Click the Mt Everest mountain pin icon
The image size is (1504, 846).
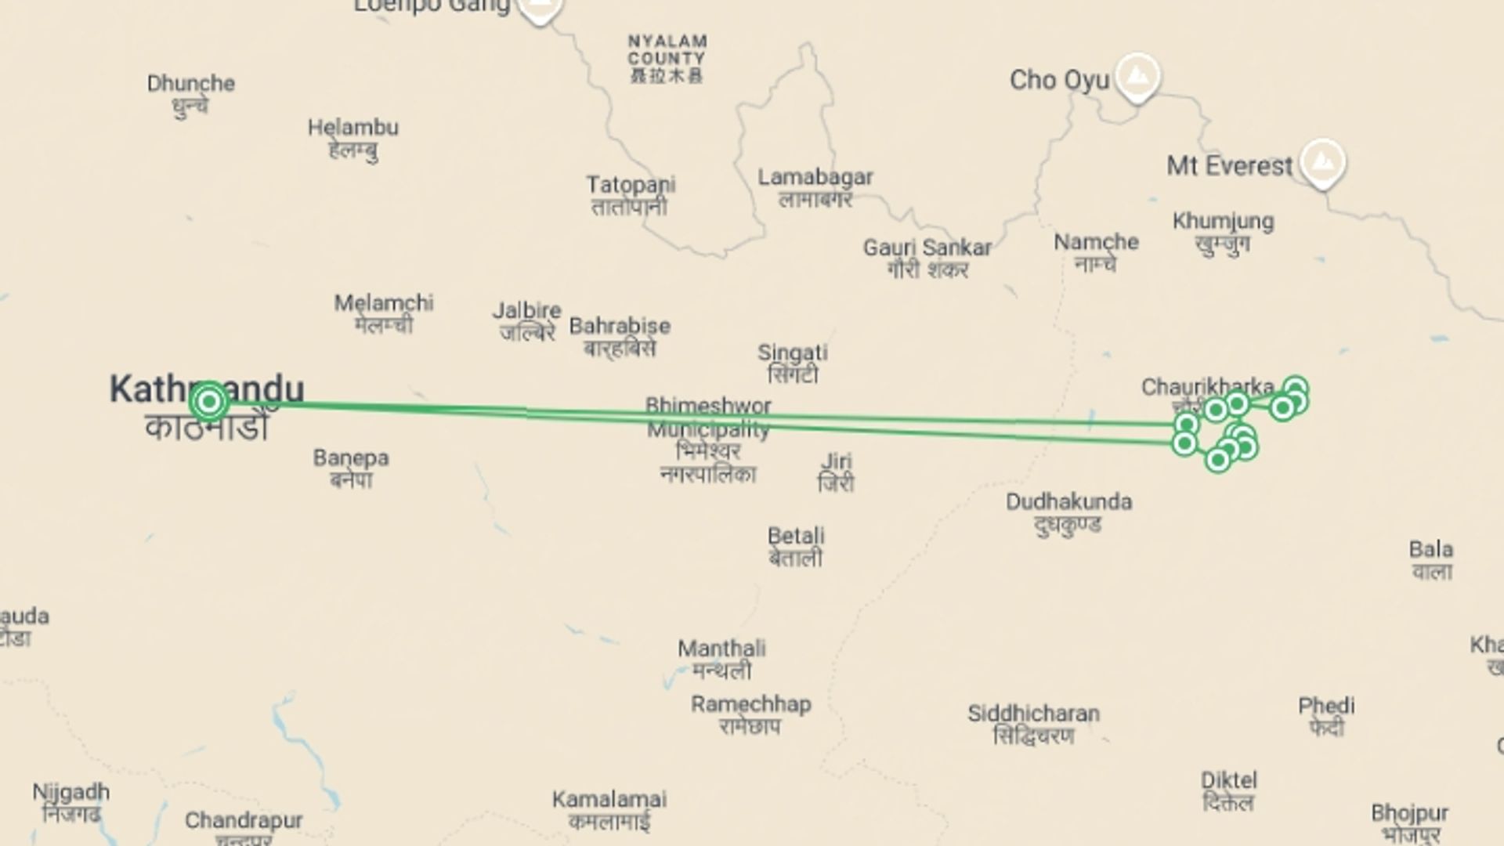coord(1322,162)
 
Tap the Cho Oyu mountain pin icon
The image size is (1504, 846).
coord(1137,76)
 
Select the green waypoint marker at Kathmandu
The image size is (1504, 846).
coord(209,402)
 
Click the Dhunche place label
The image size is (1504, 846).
coord(190,84)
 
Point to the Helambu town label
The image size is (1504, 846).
coord(352,128)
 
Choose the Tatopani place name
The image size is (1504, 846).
coord(631,186)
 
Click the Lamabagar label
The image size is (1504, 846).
coord(815,178)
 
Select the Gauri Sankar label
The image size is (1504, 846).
coord(927,248)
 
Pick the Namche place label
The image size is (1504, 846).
coord(1096,242)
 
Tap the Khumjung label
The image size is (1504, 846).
coord(1223,222)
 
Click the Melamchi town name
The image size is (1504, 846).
coord(384,303)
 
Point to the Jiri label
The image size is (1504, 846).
coord(836,461)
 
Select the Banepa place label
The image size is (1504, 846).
coord(351,458)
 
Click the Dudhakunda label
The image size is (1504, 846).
coord(1068,502)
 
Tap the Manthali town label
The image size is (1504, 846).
coord(721,649)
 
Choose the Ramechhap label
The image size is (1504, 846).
coord(750,704)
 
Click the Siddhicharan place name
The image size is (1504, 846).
coord(1033,714)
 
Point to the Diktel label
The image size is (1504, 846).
coord(1228,780)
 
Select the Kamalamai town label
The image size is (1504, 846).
coord(609,800)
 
